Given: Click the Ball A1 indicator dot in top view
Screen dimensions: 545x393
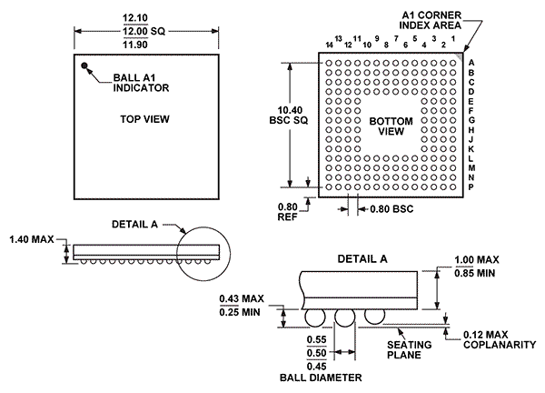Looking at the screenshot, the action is click(84, 65).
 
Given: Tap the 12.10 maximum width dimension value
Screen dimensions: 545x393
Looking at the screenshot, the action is click(135, 18).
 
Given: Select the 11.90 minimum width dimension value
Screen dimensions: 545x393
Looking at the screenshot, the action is click(135, 45).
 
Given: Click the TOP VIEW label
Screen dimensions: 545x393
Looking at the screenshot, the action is click(144, 119).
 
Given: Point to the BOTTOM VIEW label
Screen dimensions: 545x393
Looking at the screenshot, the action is click(391, 126).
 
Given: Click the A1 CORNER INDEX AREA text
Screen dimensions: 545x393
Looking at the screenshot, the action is click(431, 20).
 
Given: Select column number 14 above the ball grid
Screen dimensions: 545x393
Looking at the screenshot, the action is click(329, 45).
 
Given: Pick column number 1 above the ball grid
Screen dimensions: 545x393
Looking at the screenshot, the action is click(453, 38).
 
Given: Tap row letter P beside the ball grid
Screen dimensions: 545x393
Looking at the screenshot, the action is click(471, 186).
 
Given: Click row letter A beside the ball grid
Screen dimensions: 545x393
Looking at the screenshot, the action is click(471, 63).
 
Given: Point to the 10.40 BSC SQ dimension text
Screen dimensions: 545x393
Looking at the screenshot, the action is click(289, 116).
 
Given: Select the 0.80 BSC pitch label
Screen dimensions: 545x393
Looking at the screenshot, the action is click(391, 209).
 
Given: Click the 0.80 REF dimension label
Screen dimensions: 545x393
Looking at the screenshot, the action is click(287, 212).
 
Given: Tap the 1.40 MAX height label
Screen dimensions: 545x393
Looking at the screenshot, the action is click(32, 239).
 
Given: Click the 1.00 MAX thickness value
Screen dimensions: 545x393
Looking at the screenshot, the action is click(477, 259).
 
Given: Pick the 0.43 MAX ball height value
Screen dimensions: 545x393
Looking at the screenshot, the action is click(242, 298).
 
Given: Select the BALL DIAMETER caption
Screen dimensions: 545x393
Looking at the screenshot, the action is click(321, 378).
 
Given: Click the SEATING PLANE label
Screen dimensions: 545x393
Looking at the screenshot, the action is click(410, 350).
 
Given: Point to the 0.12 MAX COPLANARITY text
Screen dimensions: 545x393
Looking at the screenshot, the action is click(500, 339).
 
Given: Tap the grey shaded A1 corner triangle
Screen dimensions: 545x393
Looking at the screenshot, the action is click(461, 56).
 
